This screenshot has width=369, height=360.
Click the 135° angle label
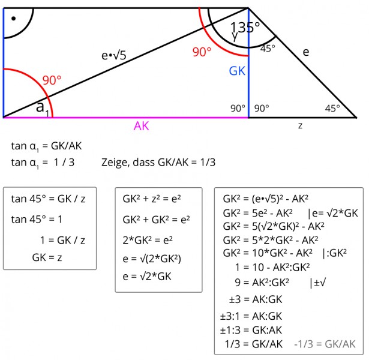click(245, 28)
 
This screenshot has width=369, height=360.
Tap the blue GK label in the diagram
click(237, 71)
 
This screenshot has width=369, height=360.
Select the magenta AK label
click(141, 126)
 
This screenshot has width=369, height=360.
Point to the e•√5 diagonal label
click(113, 56)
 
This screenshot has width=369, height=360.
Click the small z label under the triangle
click(300, 125)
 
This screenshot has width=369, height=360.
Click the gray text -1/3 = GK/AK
click(325, 344)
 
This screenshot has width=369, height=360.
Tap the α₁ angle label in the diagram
click(41, 108)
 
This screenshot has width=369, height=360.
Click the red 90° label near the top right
click(202, 52)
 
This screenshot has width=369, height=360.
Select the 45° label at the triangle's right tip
click(332, 108)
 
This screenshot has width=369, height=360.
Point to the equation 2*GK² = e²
click(148, 239)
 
